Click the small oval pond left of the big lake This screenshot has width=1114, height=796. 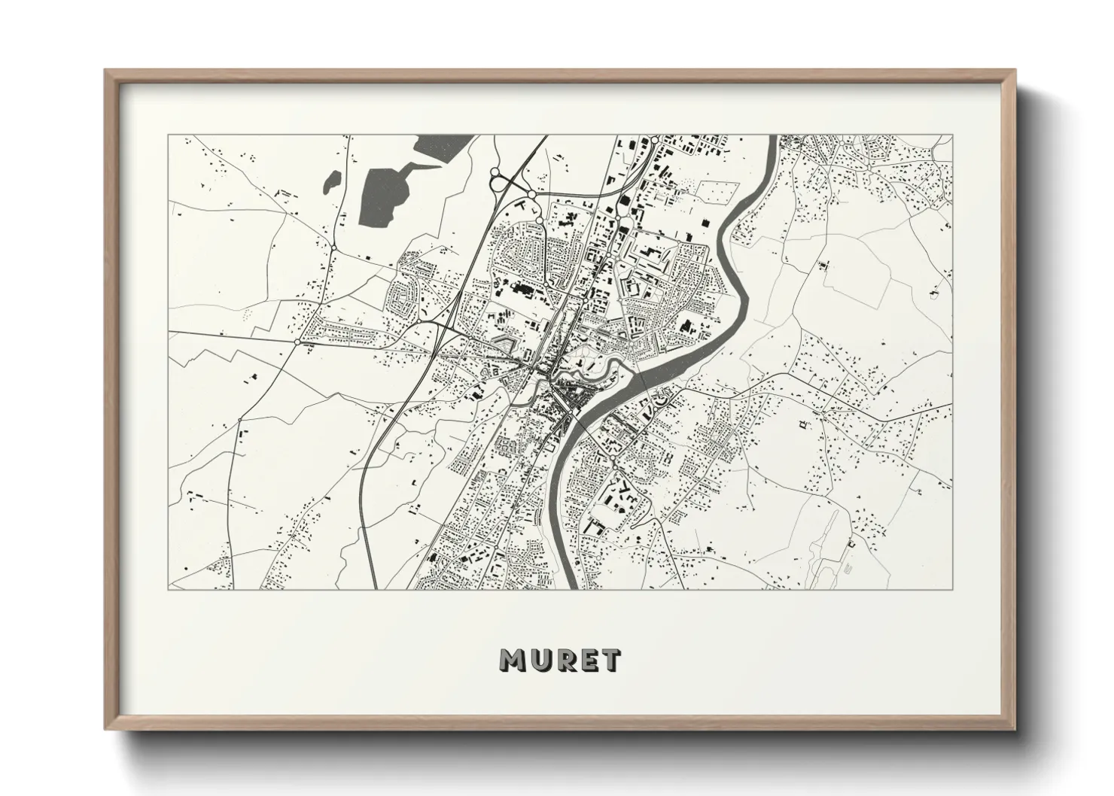pos(331,181)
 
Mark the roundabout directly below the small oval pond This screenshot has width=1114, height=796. pos(333,248)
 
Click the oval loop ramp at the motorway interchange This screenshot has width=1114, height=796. pos(498,181)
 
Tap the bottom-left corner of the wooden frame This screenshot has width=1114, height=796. pos(106,728)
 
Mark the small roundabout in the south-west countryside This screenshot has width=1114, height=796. pos(239,420)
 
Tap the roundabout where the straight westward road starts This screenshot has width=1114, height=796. pos(299,342)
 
